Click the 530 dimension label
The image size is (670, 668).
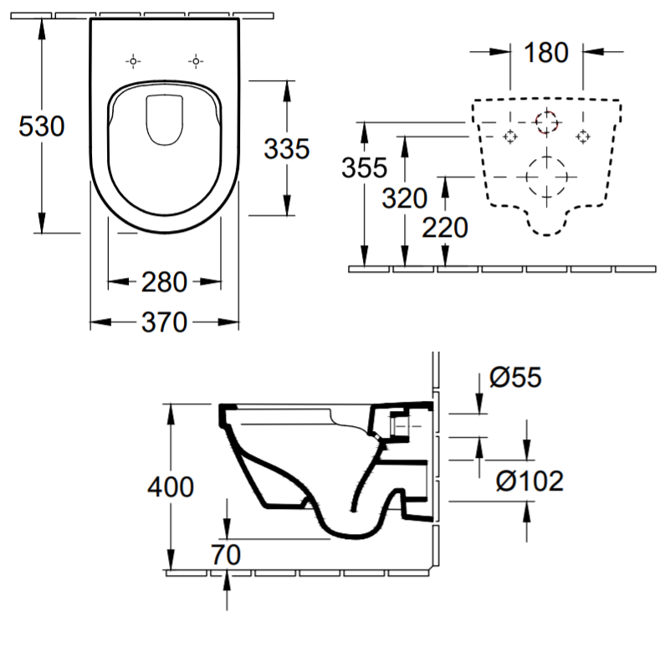[x=42, y=126]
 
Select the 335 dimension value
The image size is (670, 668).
[x=286, y=149]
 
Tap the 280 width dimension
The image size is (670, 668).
[x=165, y=282]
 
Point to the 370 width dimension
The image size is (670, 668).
[x=165, y=322]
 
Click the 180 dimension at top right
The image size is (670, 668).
[x=546, y=53]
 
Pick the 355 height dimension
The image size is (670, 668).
[x=365, y=167]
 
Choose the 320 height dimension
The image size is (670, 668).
[x=405, y=198]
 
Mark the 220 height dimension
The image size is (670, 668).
[x=445, y=227]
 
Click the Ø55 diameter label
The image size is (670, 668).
[x=515, y=378]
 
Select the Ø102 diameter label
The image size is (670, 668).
[x=529, y=480]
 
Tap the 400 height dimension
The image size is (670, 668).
[x=171, y=486]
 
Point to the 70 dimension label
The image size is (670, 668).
[x=226, y=555]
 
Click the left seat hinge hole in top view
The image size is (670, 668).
[x=133, y=62]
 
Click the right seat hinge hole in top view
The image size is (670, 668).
[x=196, y=62]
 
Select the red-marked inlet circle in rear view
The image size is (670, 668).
[x=547, y=122]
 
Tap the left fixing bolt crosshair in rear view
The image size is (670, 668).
[x=510, y=136]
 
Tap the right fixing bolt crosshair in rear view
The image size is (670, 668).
[x=583, y=136]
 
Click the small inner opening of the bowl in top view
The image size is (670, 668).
[x=165, y=120]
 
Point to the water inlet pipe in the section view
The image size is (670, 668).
[x=401, y=426]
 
